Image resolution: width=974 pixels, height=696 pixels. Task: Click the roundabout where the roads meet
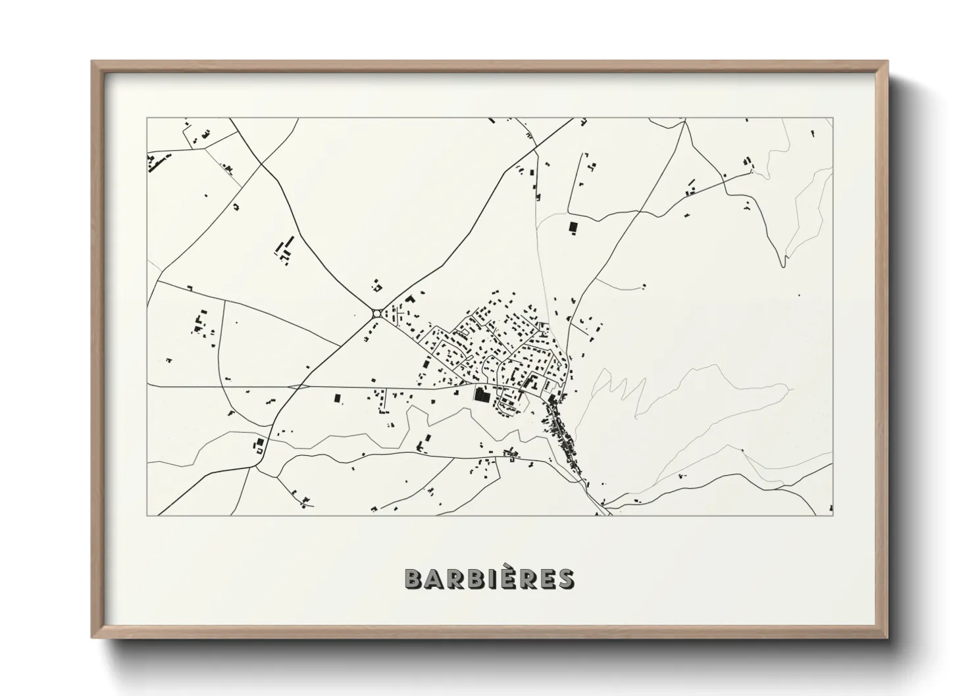click(x=376, y=314)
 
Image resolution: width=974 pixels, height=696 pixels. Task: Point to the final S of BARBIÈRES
click(x=565, y=578)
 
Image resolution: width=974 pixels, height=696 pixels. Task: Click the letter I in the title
click(x=500, y=578)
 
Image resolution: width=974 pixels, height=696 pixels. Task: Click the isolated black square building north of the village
click(x=573, y=227)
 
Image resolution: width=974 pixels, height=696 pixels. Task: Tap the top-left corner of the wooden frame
click(x=93, y=62)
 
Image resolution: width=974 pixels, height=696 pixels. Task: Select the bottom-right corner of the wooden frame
click(x=887, y=637)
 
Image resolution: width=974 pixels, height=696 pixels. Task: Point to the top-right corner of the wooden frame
click(x=887, y=62)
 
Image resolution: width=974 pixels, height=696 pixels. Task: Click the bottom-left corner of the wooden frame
click(x=93, y=637)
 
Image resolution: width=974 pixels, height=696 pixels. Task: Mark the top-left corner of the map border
click(x=147, y=118)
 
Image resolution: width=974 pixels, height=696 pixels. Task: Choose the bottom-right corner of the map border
click(x=833, y=515)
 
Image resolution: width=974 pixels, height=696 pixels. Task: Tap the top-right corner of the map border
click(x=833, y=118)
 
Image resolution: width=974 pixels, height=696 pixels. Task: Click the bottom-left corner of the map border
click(x=147, y=515)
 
